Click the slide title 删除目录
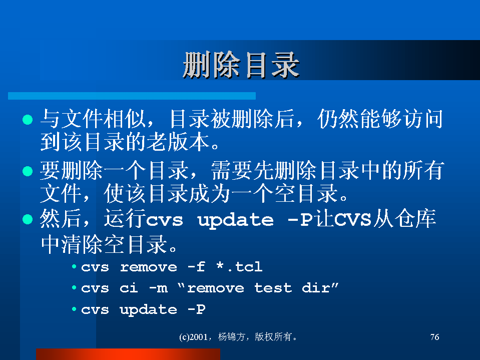coord(241,65)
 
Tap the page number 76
coord(434,337)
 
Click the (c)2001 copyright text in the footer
coord(194,337)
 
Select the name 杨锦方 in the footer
coord(231,337)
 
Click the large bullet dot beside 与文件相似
coord(28,119)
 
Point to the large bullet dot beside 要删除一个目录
coord(28,171)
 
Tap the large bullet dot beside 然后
coord(28,219)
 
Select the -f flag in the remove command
coord(196,267)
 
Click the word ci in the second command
coord(129,288)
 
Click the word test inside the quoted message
coord(273,288)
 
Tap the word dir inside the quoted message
coord(316,288)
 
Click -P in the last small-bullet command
coord(196,309)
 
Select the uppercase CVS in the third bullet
coord(352,219)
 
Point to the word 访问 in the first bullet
coord(422,119)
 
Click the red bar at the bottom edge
coord(128,354)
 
